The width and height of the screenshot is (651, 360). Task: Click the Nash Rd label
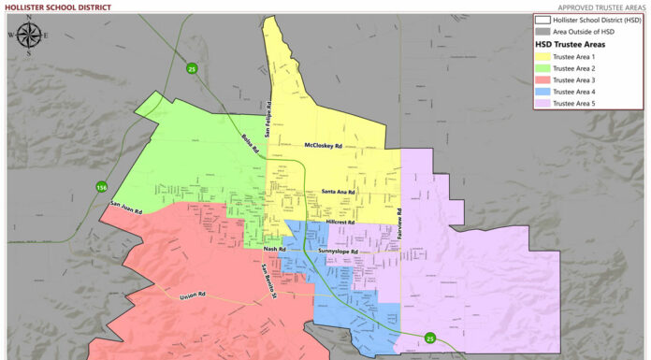[274, 249]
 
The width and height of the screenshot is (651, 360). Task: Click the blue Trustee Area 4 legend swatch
[542, 92]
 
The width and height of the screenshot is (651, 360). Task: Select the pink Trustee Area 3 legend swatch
[542, 79]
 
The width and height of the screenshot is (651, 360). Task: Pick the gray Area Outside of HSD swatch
[542, 31]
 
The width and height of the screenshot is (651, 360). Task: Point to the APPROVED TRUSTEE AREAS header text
[598, 7]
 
